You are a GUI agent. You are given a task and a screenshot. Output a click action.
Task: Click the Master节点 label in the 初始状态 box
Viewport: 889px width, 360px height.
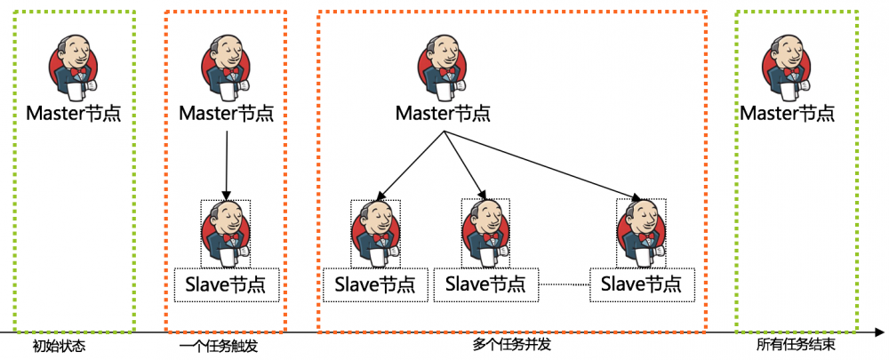pos(74,114)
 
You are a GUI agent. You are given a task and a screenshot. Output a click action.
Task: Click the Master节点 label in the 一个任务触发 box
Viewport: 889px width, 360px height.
pos(227,114)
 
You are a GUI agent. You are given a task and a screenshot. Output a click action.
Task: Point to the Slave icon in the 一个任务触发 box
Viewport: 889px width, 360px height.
pos(226,232)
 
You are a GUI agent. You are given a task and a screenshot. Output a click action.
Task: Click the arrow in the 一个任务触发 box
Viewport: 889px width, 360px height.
pos(227,164)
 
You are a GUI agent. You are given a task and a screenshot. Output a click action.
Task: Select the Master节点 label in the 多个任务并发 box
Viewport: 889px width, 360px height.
pos(443,114)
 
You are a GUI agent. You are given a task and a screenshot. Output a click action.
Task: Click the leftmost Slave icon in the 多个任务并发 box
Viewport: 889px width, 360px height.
pos(374,232)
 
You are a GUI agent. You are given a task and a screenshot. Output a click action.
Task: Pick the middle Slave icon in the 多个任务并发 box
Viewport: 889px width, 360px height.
pos(485,232)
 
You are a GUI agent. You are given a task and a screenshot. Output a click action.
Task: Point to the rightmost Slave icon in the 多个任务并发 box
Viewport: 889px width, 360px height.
pos(642,232)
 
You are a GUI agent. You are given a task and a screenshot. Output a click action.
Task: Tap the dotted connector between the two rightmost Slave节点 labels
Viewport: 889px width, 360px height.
pos(566,284)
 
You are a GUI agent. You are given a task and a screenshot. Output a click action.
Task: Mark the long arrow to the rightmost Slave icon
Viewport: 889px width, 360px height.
pos(542,164)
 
